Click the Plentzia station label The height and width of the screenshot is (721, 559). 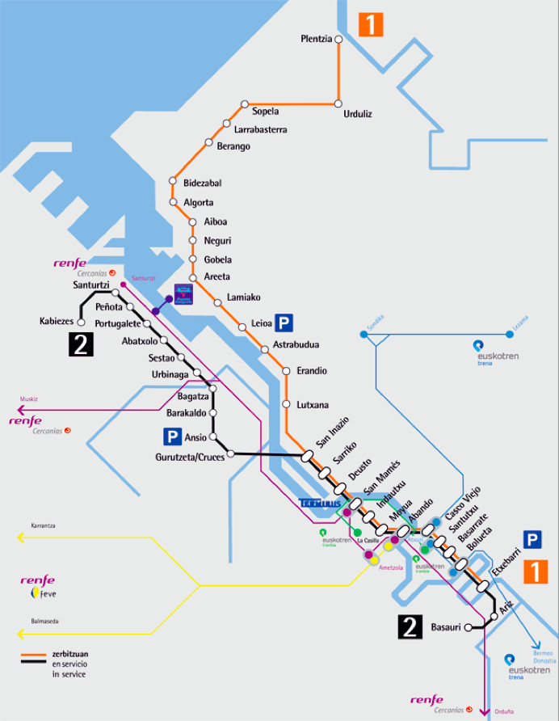(x=316, y=39)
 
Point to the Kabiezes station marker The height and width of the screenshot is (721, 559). (x=81, y=322)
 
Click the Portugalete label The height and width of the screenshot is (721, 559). (x=118, y=324)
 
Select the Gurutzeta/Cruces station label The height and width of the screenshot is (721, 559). (x=190, y=457)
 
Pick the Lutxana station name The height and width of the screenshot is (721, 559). (x=311, y=404)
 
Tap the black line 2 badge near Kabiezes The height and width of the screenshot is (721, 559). (x=82, y=344)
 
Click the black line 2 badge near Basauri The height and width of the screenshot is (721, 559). (x=410, y=626)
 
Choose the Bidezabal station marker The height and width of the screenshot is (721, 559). (x=172, y=182)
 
